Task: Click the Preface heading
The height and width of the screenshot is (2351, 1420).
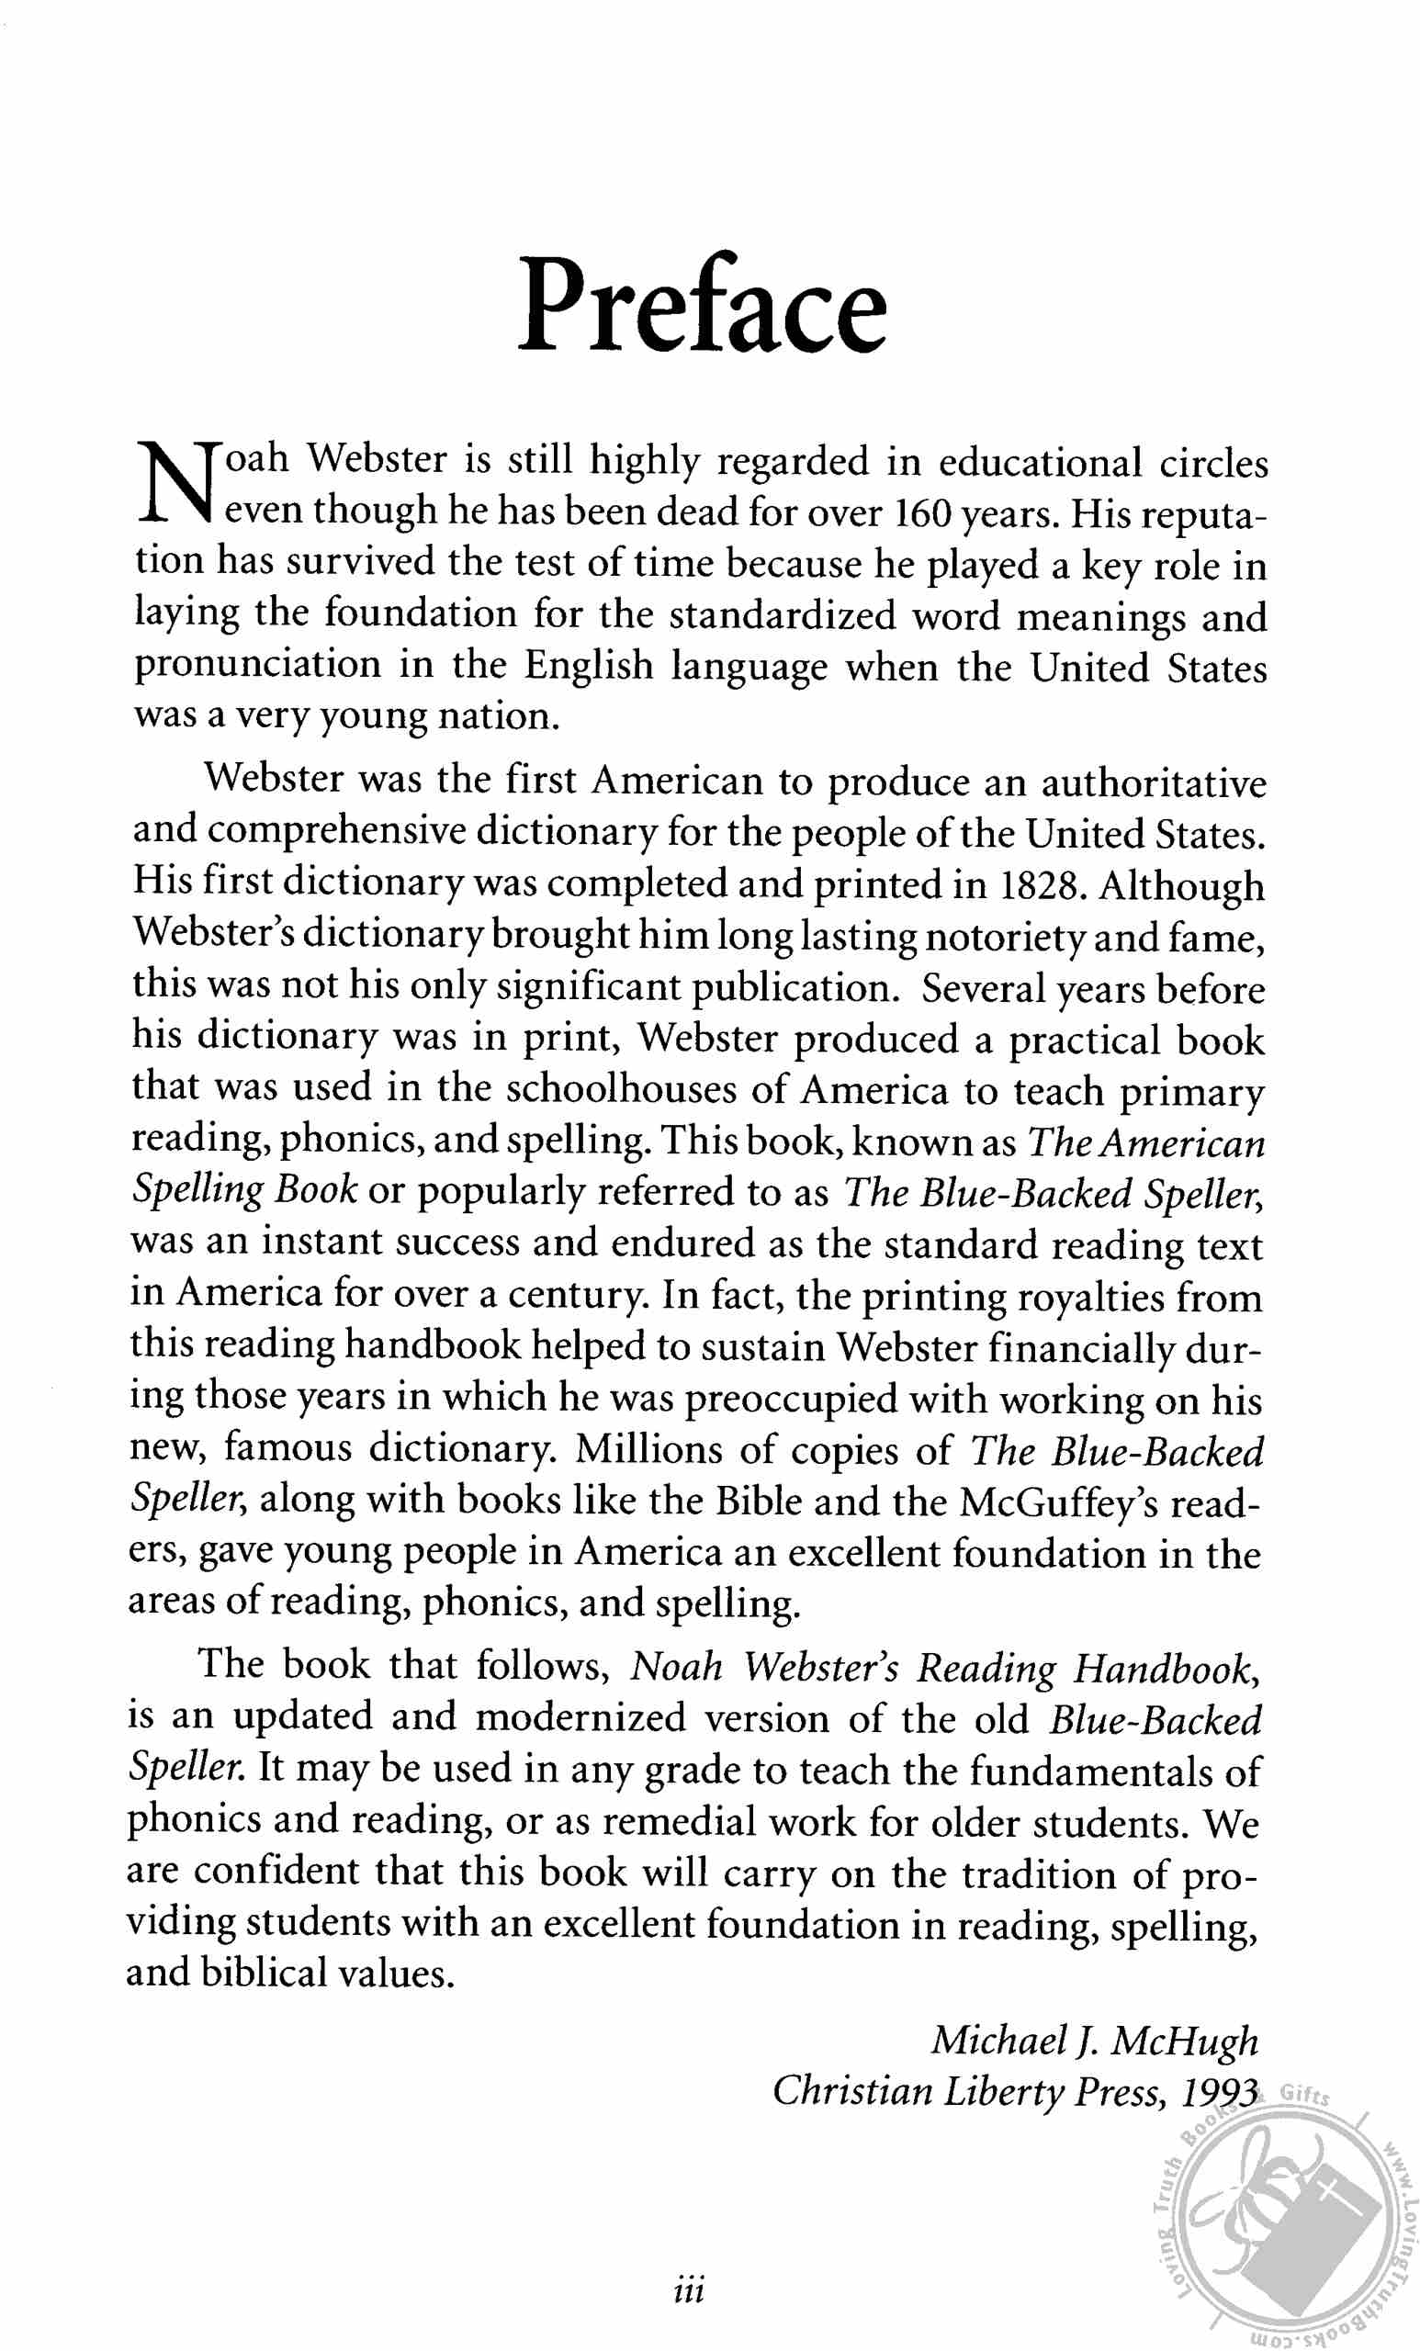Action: [703, 304]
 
